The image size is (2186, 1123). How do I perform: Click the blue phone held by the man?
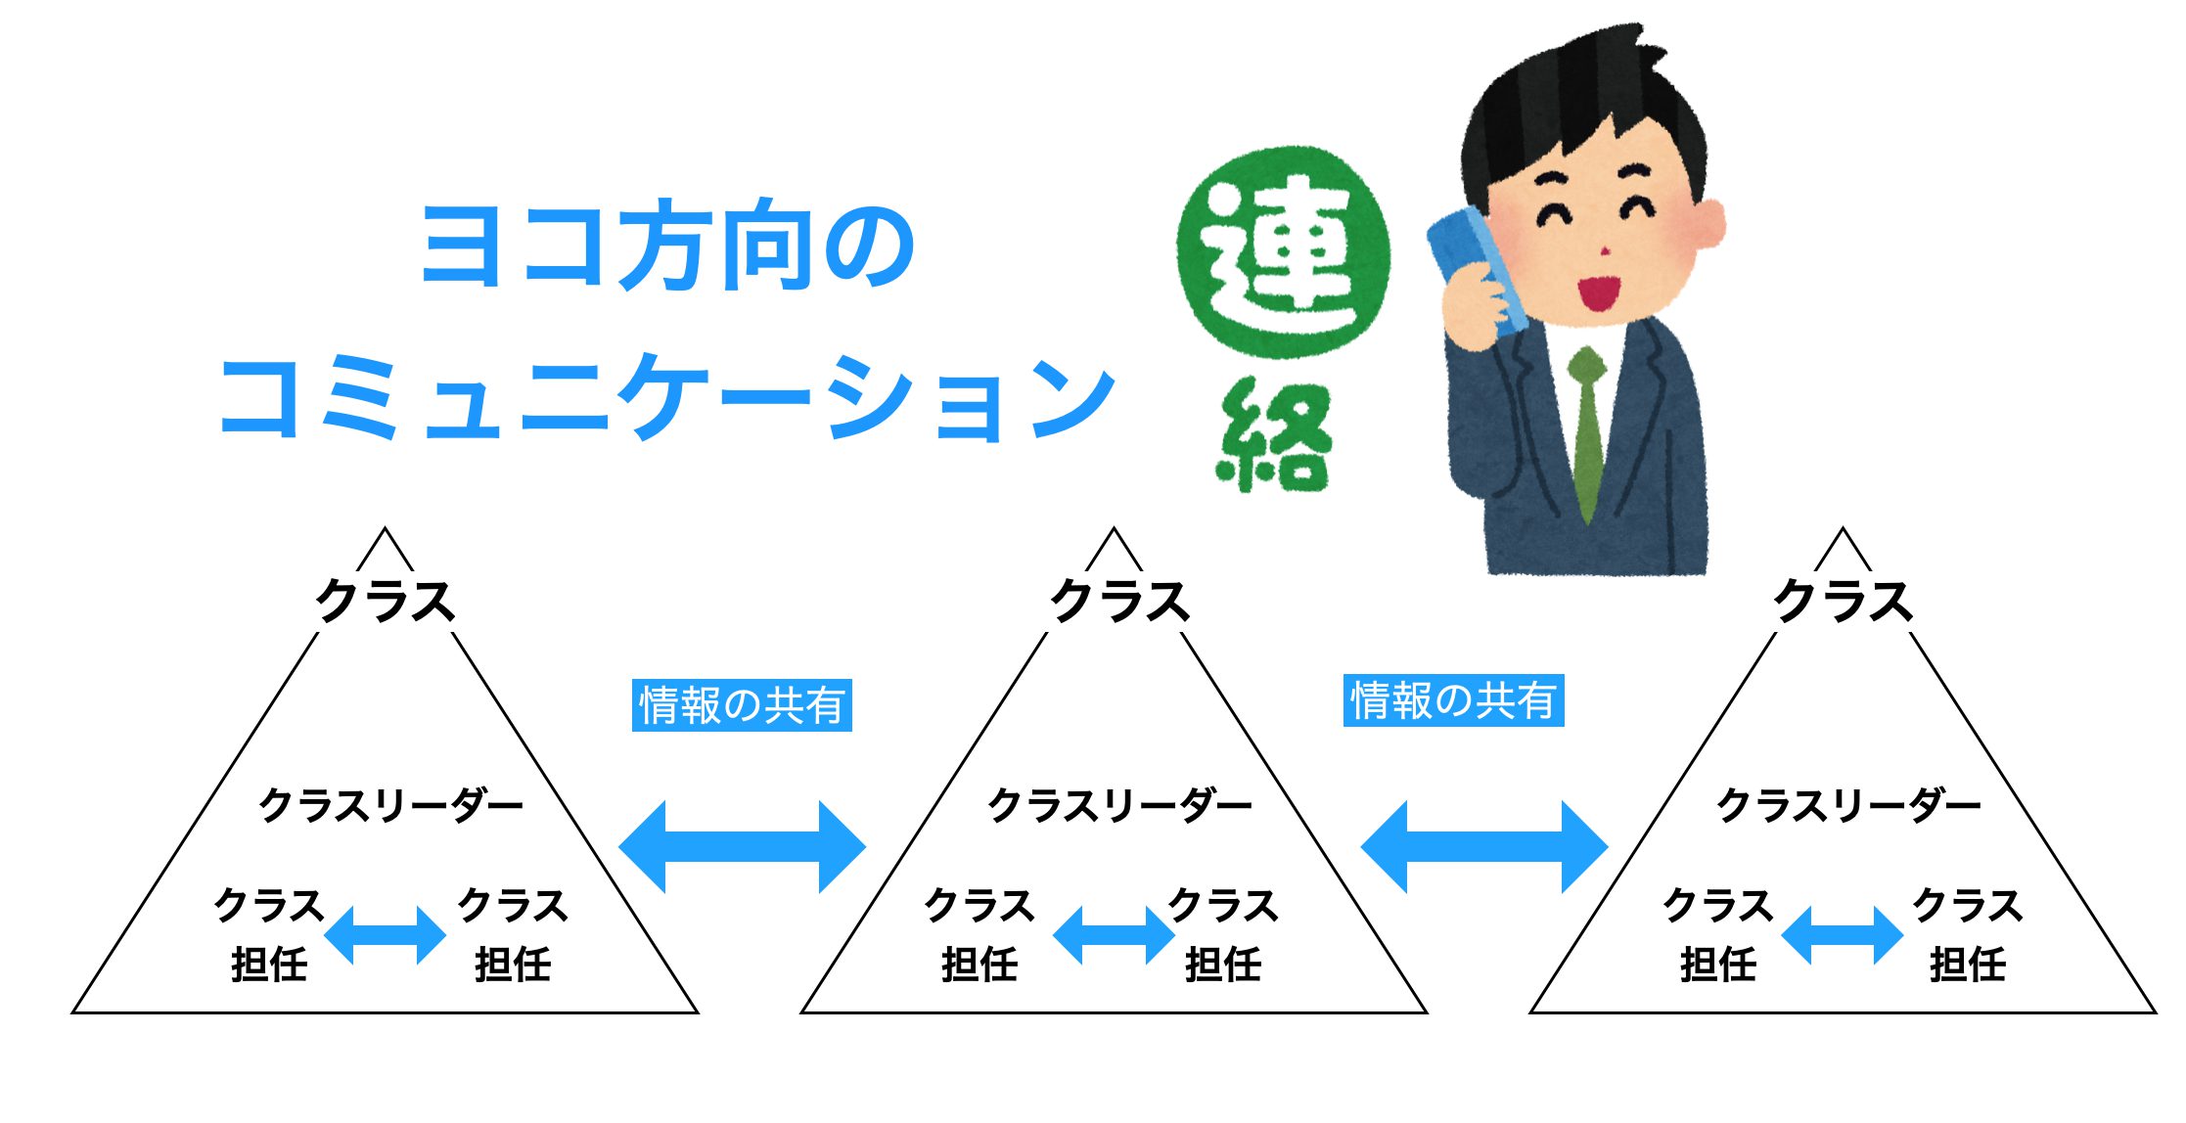point(1476,269)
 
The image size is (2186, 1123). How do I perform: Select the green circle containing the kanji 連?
point(1284,251)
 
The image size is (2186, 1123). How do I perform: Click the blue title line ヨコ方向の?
point(668,246)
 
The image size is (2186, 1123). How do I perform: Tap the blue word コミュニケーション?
point(667,396)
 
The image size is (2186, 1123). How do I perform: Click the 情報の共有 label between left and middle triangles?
point(742,704)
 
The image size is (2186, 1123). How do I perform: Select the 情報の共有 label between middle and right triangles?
point(1453,700)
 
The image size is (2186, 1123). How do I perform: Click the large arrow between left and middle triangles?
point(743,847)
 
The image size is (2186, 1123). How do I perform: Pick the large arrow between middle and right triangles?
point(1484,847)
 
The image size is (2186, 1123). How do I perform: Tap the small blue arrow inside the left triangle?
point(385,935)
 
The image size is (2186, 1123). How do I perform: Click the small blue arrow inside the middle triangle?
point(1114,935)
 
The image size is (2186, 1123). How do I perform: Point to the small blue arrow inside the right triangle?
point(1843,935)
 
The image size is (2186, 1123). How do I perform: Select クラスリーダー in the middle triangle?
point(1120,806)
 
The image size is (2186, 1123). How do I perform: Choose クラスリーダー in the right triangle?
point(1849,806)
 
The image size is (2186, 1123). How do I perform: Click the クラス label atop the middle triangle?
point(1119,601)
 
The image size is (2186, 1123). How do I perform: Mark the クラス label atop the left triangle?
point(386,601)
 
